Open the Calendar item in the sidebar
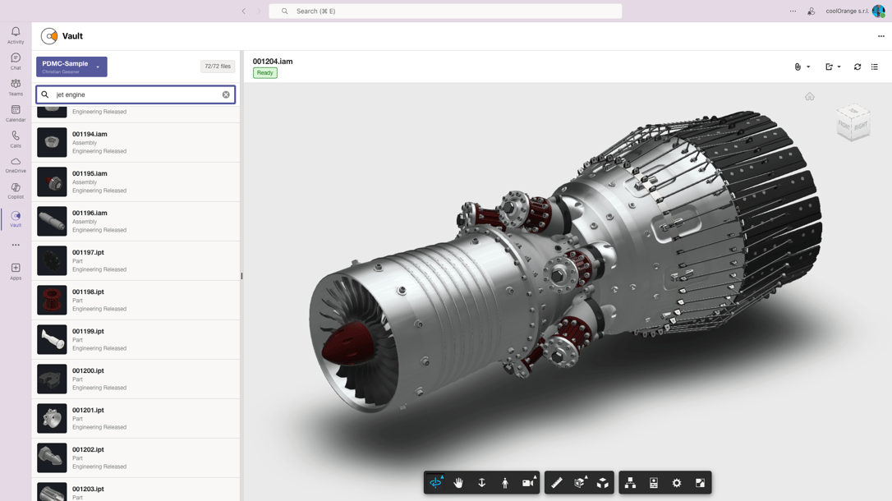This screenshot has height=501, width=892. coord(16,113)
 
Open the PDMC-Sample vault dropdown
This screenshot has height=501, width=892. coord(71,67)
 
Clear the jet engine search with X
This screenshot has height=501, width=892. coord(226,94)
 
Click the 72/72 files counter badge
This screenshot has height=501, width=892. coord(218,67)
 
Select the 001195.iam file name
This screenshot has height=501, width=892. coord(90,173)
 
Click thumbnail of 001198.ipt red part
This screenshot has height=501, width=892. coord(52,300)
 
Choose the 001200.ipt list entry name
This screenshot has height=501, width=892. coord(88,370)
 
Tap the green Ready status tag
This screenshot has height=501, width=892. coord(264,73)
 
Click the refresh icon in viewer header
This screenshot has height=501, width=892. coord(858,67)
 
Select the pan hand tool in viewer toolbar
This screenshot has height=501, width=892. coord(458,483)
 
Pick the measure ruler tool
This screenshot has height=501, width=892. coord(557,483)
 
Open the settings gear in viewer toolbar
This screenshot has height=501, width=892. coord(677,483)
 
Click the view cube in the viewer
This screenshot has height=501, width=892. coord(853,123)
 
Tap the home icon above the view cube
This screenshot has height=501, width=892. coord(810,97)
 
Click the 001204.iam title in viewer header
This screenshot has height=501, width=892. coord(273,62)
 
